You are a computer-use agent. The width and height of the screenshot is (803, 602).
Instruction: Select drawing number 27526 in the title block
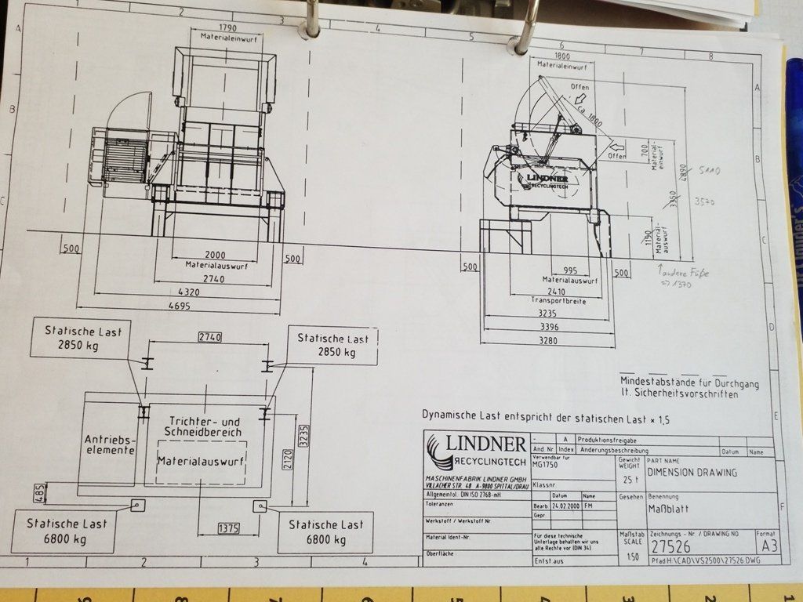667,546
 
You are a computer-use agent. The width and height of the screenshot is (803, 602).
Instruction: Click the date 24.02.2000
563,506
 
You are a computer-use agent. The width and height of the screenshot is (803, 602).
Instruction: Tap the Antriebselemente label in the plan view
110,444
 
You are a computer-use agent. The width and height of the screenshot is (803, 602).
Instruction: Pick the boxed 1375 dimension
229,529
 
